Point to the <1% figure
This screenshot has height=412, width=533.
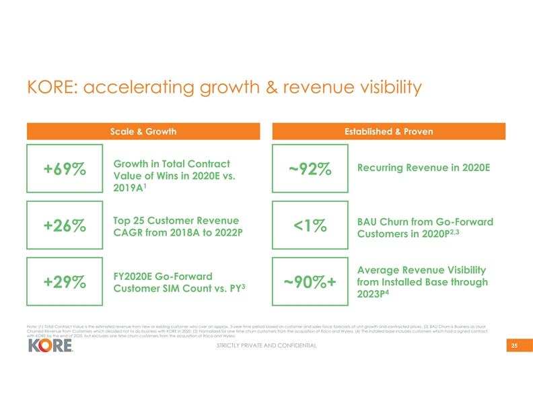pyautogui.click(x=310, y=227)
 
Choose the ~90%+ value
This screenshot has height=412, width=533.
pyautogui.click(x=310, y=283)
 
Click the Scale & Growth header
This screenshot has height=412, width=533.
pyautogui.click(x=143, y=132)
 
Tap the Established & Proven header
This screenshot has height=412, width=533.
pyautogui.click(x=388, y=132)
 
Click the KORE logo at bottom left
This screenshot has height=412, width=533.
pyautogui.click(x=50, y=349)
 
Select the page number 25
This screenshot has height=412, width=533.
pyautogui.click(x=513, y=346)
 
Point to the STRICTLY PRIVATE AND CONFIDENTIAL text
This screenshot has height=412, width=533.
pyautogui.click(x=266, y=347)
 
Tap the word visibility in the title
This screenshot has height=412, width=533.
pyautogui.click(x=383, y=88)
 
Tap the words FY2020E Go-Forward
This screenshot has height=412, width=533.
pyautogui.click(x=163, y=276)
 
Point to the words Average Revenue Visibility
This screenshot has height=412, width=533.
pyautogui.click(x=423, y=269)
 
